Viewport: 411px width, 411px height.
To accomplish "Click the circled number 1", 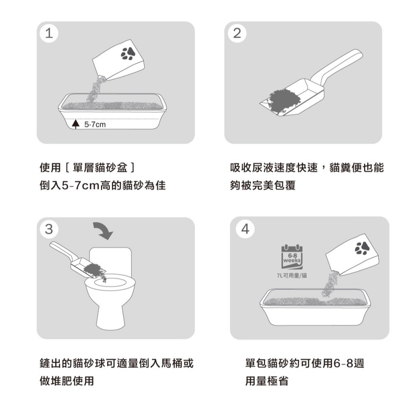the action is pos(49,33).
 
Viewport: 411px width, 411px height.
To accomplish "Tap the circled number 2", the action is pos(237,33).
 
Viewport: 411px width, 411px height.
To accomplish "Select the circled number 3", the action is pos(49,229).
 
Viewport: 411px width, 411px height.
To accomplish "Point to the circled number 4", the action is pos(245,229).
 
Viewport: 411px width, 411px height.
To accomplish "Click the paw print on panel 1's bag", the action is pos(128,53).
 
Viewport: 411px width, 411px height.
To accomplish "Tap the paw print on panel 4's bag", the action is pos(362,248).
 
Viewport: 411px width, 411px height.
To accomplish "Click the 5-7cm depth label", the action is pos(95,125).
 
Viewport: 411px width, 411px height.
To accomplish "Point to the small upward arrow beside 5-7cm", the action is pos(76,124).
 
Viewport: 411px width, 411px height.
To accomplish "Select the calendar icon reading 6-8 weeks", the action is pos(292,257).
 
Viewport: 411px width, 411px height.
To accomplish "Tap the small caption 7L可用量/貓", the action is pos(292,275).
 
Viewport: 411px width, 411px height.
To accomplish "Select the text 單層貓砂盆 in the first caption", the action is pos(100,168).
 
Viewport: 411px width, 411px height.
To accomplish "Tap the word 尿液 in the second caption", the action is pos(263,168).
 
